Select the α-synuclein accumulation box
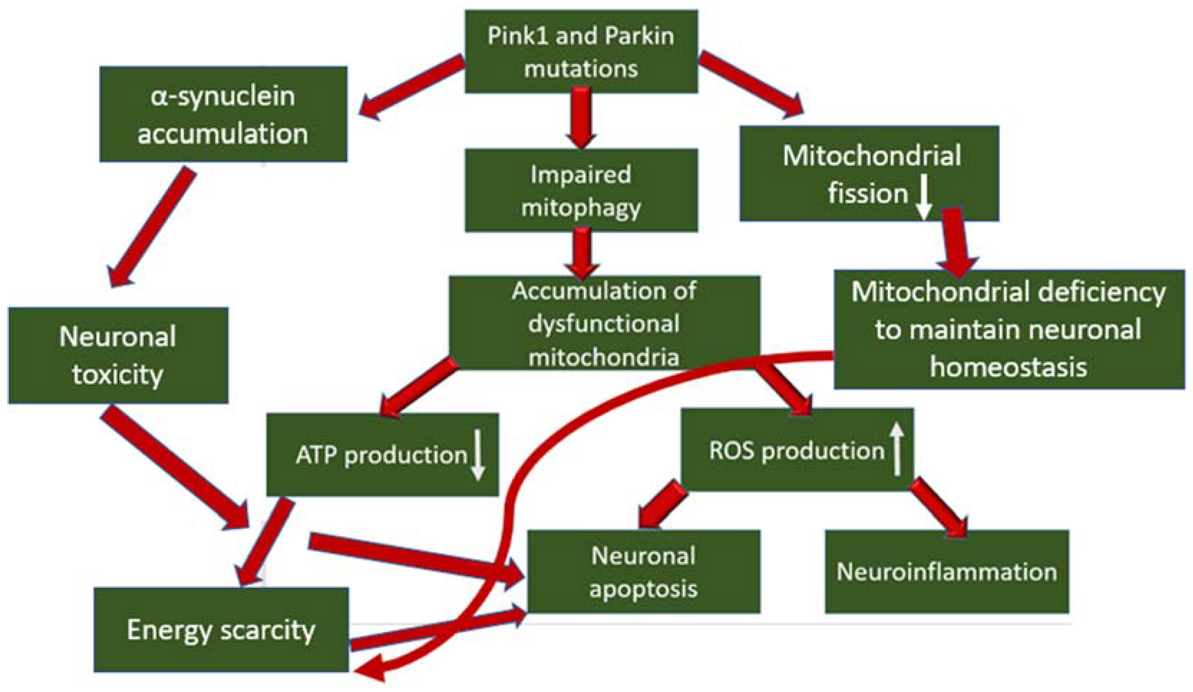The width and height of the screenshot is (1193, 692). click(x=223, y=114)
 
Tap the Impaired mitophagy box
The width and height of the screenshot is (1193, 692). click(x=581, y=190)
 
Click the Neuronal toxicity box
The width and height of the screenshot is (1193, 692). click(x=118, y=355)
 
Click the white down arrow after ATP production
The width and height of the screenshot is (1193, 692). click(x=478, y=455)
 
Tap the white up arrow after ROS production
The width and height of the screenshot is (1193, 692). click(x=896, y=449)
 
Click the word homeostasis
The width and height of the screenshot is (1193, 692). click(x=1008, y=367)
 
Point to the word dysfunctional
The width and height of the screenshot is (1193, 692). click(x=604, y=324)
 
